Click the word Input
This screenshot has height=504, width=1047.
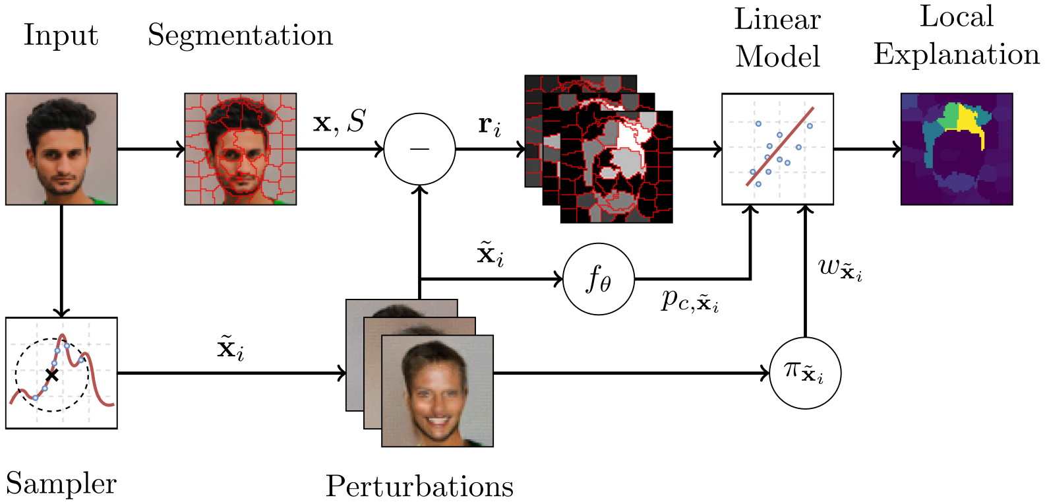tap(61, 36)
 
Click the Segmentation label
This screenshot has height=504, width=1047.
tap(240, 36)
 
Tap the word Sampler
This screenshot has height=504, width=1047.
tap(61, 484)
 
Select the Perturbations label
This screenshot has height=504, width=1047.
tap(419, 487)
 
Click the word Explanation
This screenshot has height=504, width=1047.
tap(957, 55)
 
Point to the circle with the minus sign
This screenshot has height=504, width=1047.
tap(419, 149)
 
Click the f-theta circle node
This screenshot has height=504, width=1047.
tap(599, 279)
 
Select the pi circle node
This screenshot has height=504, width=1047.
tap(805, 373)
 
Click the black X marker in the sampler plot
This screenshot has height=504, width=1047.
tap(51, 375)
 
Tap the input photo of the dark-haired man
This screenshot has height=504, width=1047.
tap(61, 149)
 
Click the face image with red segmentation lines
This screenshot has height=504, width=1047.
tap(241, 149)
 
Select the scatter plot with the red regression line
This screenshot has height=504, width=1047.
tap(777, 149)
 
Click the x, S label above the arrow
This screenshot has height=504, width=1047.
tap(339, 122)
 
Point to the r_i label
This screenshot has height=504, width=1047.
tap(489, 125)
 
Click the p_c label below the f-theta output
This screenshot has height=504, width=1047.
tap(690, 301)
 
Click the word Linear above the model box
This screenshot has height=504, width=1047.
tap(777, 20)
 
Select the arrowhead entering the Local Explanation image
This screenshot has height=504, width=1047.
tap(897, 149)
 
